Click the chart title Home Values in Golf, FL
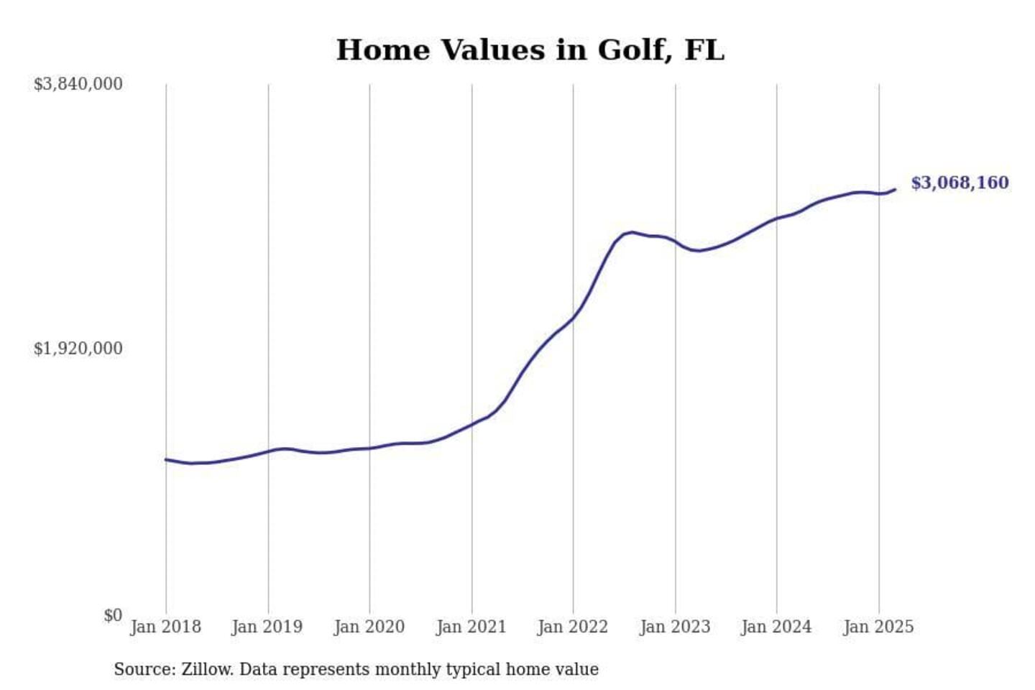tap(530, 50)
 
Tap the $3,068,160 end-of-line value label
tap(960, 183)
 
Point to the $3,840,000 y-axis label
tap(78, 84)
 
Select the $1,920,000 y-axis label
tap(78, 349)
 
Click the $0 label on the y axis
tap(113, 615)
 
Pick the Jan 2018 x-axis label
tap(165, 627)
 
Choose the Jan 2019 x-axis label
tap(267, 627)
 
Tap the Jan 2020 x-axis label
tap(369, 627)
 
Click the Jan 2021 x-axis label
tap(471, 627)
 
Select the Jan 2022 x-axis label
tap(573, 627)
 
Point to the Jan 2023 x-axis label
tap(675, 627)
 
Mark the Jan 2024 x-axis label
tap(776, 627)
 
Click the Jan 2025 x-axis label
tap(878, 627)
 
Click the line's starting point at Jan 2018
tap(166, 459)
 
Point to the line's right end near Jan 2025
tap(895, 190)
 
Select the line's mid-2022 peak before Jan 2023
tap(631, 232)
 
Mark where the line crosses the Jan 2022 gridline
tap(574, 318)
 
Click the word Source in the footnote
tap(143, 669)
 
